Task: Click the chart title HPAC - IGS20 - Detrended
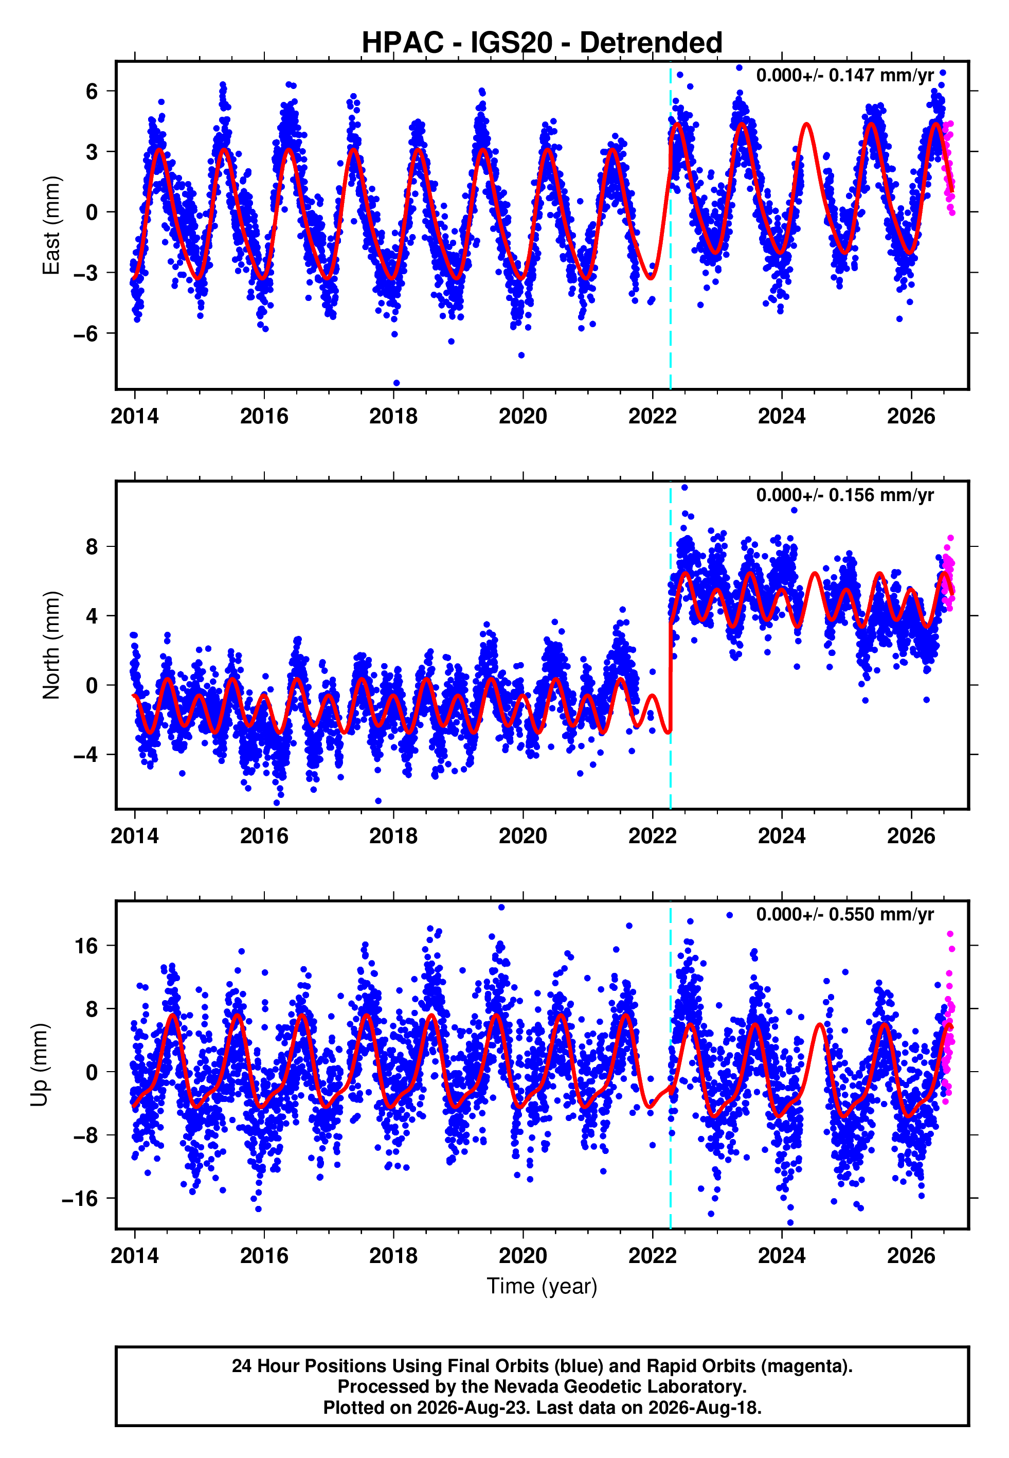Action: [542, 42]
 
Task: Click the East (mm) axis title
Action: [51, 225]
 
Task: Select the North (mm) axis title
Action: [51, 645]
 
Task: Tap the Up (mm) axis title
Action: [39, 1065]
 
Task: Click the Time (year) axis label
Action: [542, 1286]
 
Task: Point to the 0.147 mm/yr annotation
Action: [845, 75]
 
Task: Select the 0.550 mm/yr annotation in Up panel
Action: [845, 915]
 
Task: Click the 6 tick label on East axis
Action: [92, 91]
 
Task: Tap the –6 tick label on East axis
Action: [86, 333]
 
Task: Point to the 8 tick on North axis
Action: [92, 546]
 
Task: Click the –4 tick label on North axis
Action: [86, 755]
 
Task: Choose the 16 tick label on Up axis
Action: [86, 946]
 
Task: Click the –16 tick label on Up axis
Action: [80, 1198]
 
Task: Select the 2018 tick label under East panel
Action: [393, 416]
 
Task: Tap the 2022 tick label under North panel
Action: [653, 836]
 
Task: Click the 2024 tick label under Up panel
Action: [782, 1256]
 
